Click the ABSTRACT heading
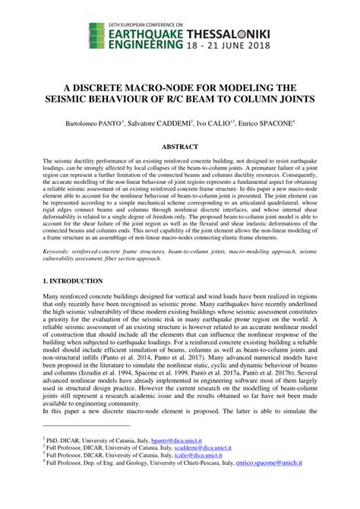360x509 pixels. pyautogui.click(x=180, y=146)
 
